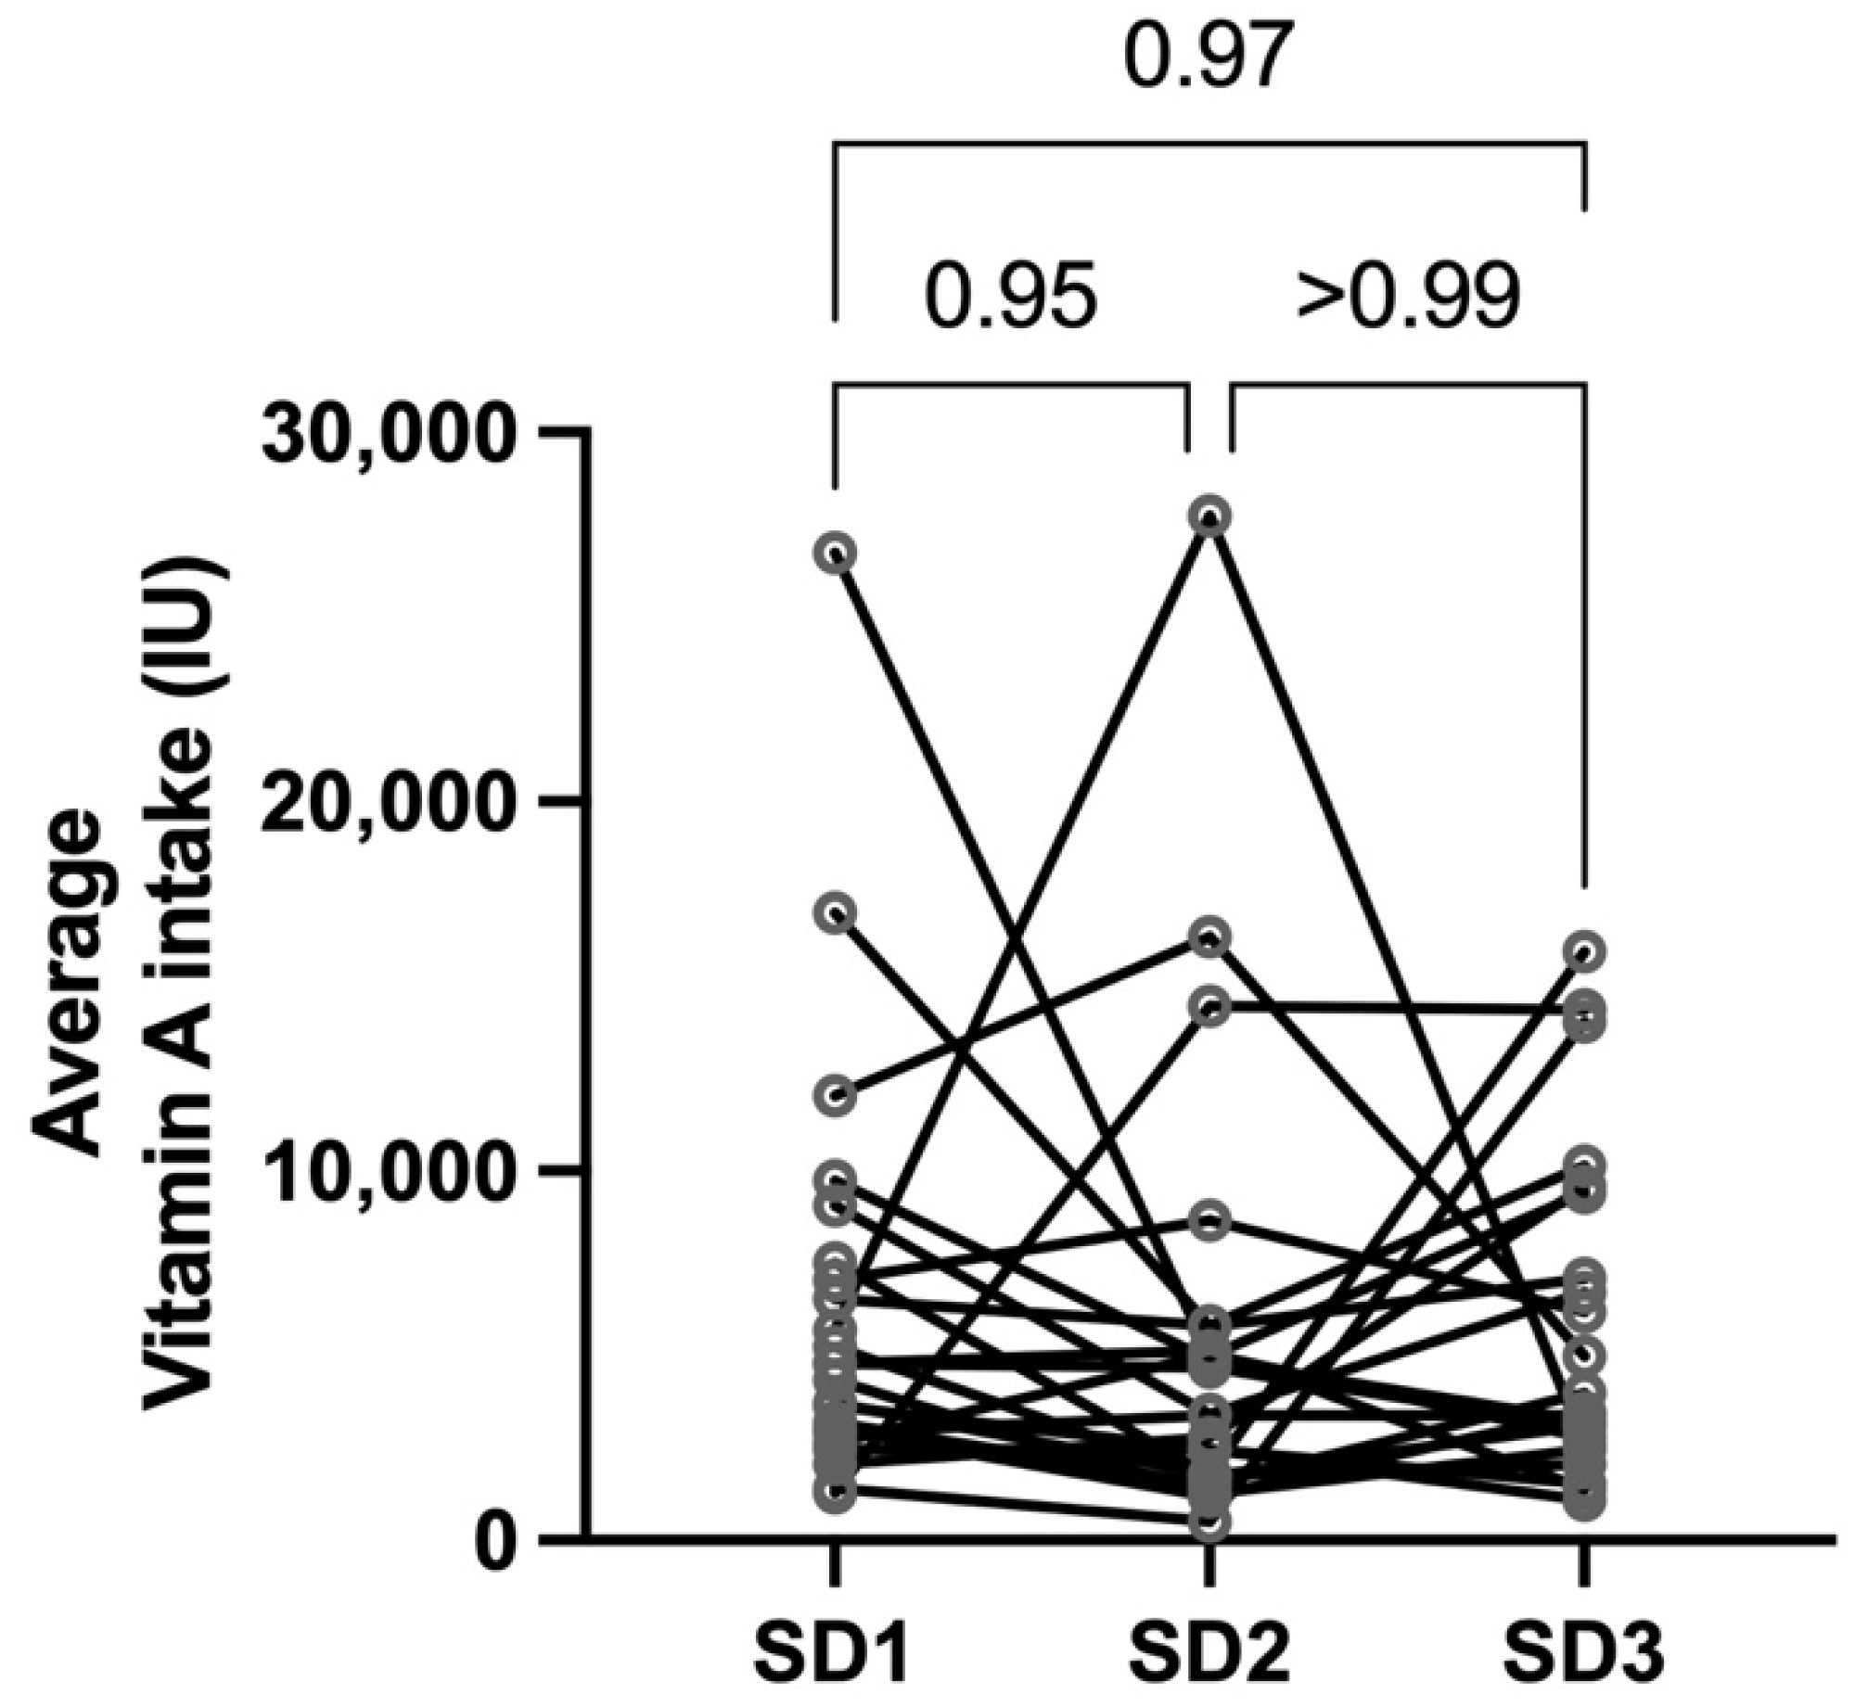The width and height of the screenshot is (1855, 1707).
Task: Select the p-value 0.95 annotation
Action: [x=1011, y=299]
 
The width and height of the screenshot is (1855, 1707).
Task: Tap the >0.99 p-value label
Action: [x=1408, y=299]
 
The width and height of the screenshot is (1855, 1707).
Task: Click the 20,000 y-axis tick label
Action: [x=386, y=803]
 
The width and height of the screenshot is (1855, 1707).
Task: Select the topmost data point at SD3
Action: [x=1584, y=951]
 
